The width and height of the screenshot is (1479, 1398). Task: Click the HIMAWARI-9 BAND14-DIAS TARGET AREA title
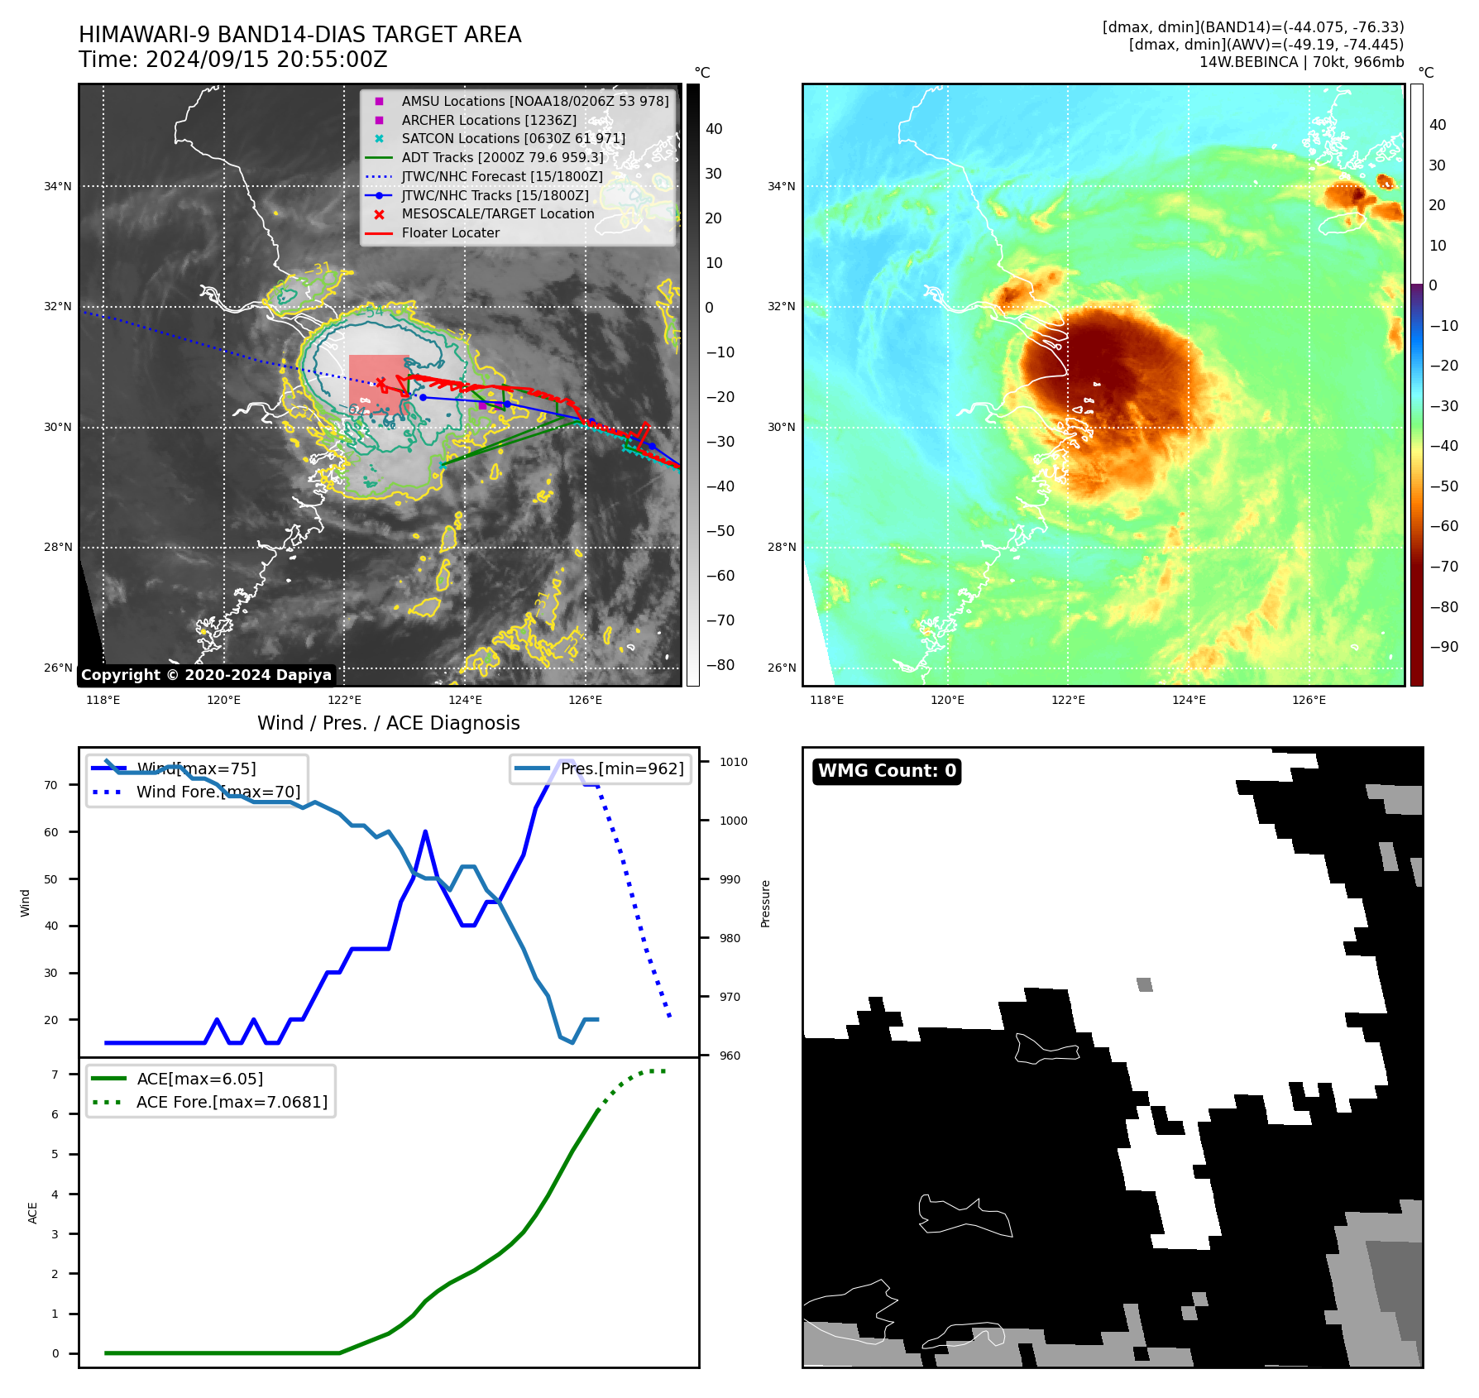point(299,35)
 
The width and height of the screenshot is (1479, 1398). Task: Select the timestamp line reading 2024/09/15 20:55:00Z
point(232,60)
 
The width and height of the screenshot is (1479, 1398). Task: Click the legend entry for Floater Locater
point(450,233)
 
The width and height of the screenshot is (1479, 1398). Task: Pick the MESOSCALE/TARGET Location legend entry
point(497,214)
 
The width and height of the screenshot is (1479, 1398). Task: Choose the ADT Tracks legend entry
point(501,157)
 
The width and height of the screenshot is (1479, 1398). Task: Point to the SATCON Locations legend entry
point(513,139)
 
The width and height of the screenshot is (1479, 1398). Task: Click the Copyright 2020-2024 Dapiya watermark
point(206,675)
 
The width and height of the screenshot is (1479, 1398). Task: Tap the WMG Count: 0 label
point(887,771)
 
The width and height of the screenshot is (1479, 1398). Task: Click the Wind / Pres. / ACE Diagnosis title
point(388,723)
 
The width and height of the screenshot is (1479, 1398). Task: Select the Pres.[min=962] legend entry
point(621,768)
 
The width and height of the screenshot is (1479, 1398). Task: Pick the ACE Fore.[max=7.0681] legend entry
point(232,1102)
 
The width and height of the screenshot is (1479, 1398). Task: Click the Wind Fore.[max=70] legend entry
point(218,792)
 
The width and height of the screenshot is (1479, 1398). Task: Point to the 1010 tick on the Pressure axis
point(733,762)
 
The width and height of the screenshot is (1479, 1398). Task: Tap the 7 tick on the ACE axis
point(55,1075)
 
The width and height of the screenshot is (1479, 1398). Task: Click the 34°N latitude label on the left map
point(58,187)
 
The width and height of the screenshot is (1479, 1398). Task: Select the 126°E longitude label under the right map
point(1309,700)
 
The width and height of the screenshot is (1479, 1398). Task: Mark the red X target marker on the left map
point(381,382)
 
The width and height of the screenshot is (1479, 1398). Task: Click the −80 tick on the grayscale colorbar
point(719,665)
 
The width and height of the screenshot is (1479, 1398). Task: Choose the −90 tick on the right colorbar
point(1444,647)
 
